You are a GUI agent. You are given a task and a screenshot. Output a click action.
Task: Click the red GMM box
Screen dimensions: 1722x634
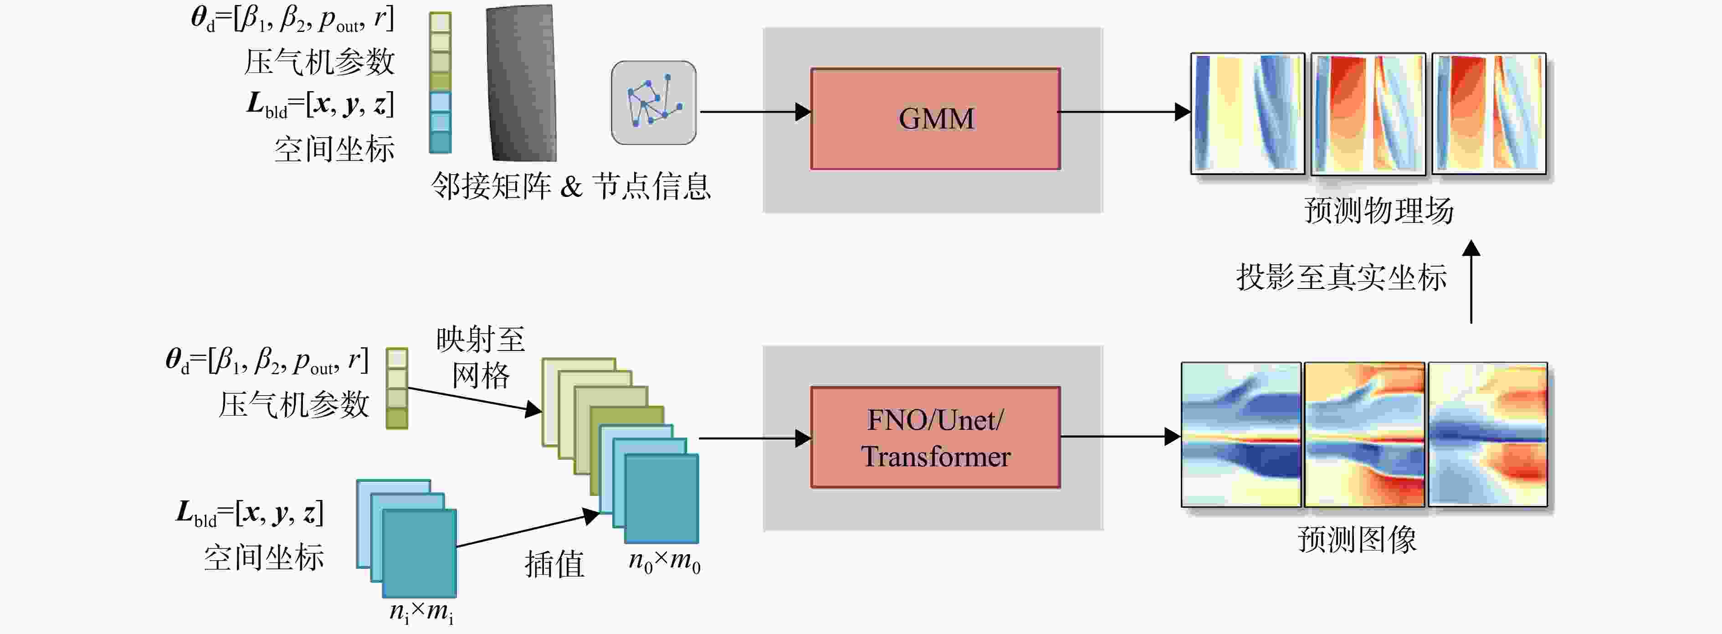point(935,119)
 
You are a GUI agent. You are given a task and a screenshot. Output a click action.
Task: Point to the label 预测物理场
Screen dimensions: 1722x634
point(1379,210)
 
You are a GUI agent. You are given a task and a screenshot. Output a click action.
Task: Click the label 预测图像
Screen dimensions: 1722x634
point(1357,539)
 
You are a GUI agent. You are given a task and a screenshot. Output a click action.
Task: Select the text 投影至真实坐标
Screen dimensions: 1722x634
point(1341,277)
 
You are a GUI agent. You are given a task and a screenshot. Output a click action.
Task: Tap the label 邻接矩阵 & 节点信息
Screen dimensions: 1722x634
point(570,185)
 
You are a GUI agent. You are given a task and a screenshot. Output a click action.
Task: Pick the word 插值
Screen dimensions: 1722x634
point(554,564)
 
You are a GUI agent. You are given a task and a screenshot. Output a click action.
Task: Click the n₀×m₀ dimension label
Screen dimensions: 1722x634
point(664,561)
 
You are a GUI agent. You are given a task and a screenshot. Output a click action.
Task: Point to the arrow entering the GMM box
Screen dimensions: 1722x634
point(755,112)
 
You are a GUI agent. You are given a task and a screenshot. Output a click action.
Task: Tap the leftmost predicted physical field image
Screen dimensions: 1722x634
point(1247,113)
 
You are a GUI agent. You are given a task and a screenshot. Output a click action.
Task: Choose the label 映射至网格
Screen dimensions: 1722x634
point(481,358)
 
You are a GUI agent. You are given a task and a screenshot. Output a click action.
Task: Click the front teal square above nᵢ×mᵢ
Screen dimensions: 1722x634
point(419,553)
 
